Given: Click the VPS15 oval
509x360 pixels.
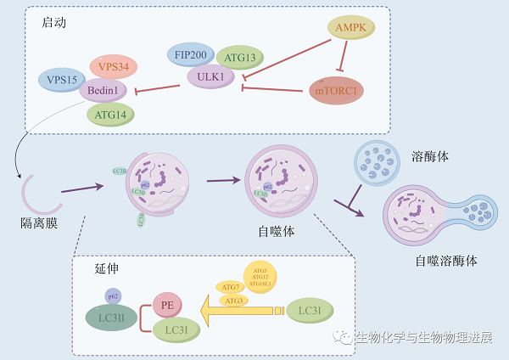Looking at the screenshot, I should point(62,82).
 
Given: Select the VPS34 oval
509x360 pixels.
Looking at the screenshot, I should point(114,66).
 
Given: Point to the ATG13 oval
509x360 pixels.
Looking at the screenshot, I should point(241,58).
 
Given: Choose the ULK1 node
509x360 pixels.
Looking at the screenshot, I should point(210,76).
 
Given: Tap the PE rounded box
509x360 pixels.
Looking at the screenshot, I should point(167,304).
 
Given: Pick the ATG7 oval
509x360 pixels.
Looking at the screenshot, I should point(229,286).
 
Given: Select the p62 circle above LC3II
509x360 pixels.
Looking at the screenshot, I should point(113,295).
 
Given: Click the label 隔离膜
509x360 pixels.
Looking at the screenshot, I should point(38,222).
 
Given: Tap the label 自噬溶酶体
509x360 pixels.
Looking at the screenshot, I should point(446,261).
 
